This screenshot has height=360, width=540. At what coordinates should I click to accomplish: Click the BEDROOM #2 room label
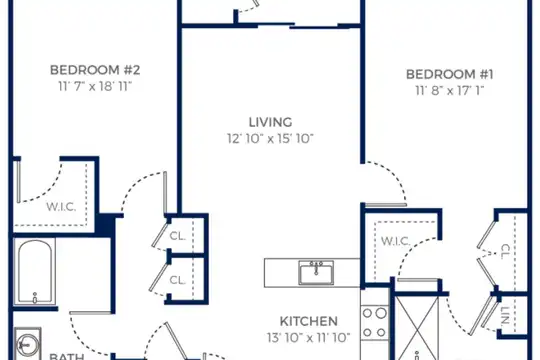95,70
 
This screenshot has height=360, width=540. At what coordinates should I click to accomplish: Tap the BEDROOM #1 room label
449,74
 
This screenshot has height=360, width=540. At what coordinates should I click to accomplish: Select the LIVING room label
270,122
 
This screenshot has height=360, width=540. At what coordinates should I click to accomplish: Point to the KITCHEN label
309,321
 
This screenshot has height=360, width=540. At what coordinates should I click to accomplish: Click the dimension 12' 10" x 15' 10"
270,138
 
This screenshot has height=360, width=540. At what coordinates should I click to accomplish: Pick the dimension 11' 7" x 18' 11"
95,86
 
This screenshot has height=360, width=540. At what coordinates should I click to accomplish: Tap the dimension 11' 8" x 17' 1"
449,91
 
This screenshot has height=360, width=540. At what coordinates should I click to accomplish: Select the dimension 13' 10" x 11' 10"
309,338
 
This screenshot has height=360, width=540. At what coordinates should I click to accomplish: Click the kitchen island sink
316,272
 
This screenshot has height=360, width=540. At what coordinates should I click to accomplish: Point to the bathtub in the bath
34,271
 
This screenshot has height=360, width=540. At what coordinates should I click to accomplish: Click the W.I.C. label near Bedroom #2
61,207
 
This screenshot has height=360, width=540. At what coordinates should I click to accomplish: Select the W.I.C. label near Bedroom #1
395,241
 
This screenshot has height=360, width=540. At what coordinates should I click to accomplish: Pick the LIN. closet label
505,316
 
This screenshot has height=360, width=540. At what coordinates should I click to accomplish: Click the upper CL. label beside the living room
178,236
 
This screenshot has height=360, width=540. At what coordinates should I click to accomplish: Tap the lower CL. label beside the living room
178,280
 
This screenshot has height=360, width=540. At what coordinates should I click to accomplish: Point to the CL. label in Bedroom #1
505,252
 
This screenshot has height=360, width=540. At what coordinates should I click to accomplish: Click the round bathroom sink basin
28,343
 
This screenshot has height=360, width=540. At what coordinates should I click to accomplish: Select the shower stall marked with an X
417,328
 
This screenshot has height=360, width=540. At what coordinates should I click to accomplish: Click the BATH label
67,357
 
